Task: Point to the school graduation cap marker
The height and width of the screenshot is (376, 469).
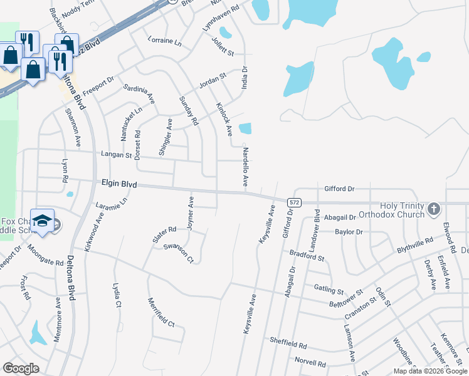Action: click(x=42, y=221)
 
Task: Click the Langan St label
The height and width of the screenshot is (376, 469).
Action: click(x=115, y=154)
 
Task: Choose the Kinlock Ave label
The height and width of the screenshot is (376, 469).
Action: click(x=224, y=119)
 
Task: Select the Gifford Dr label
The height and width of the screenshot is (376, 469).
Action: click(x=339, y=188)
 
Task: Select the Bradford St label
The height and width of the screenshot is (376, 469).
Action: click(x=307, y=256)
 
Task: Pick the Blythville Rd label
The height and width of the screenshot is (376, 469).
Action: click(x=414, y=245)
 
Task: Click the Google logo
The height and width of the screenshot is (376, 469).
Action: click(x=21, y=368)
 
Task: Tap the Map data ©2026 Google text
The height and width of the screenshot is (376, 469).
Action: click(x=429, y=371)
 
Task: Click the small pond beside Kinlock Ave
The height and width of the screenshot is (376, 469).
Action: click(x=245, y=128)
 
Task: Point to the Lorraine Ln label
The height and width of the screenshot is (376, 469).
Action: click(x=164, y=43)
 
